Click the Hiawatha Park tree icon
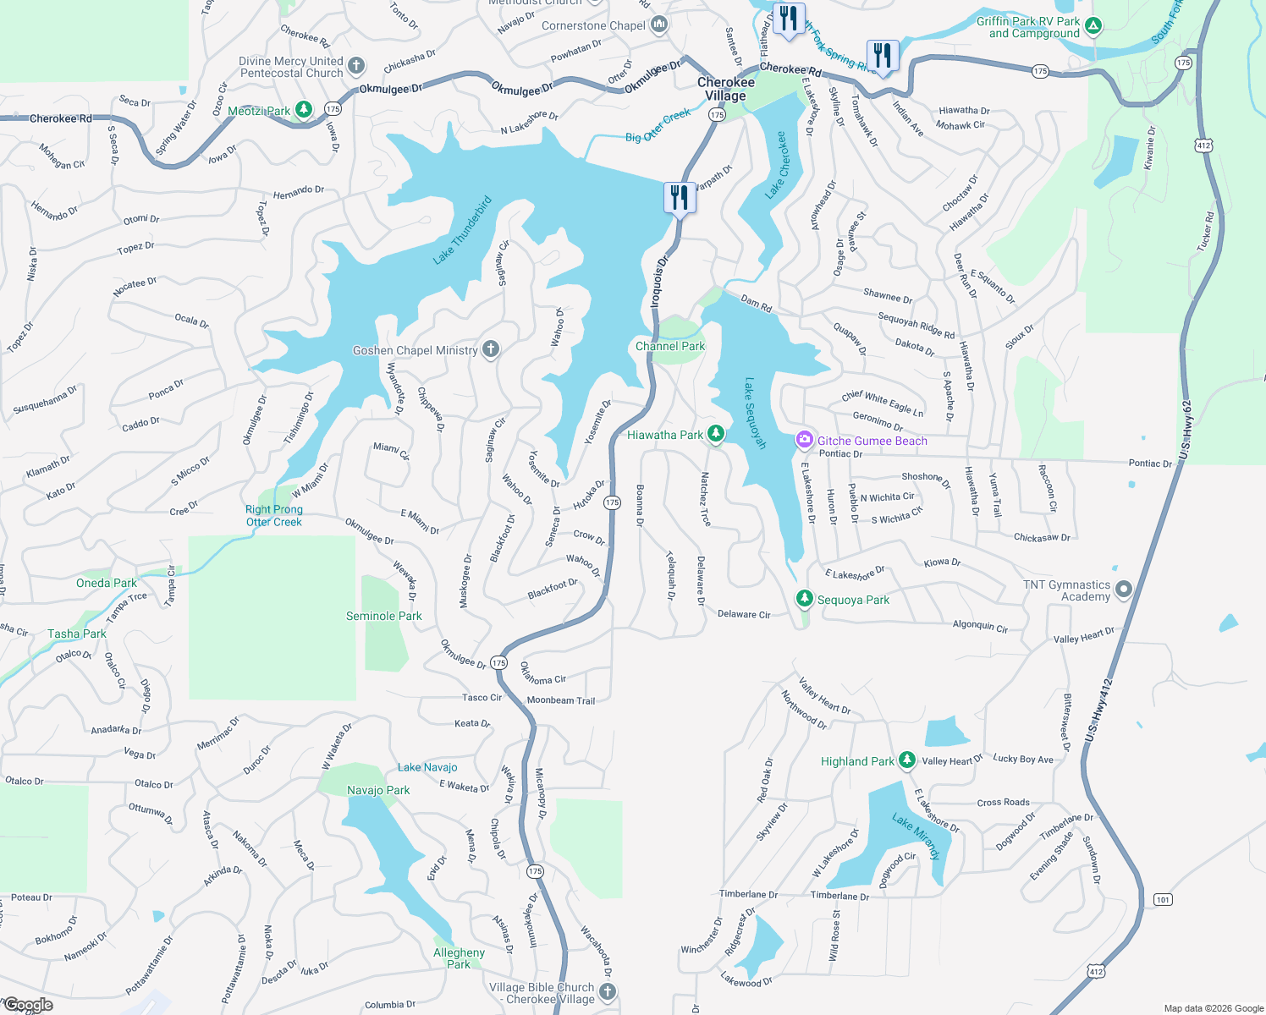coord(716,434)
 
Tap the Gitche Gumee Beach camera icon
coord(804,440)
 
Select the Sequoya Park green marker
coord(804,599)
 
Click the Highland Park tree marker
coord(906,760)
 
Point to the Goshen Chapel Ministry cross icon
coord(490,349)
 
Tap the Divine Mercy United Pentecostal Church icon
coord(356,66)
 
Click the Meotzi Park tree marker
coord(304,110)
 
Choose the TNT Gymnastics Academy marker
coord(1123,590)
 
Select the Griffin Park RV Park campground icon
coord(1093,26)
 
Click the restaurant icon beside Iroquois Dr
coord(680,198)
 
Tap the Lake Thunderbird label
coord(462,231)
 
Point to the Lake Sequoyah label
coord(755,413)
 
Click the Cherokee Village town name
coord(726,89)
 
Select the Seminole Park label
coord(383,616)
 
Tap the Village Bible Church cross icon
coord(607,991)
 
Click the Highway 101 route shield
coord(1163,899)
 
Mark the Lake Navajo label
coord(427,767)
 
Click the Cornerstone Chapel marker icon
coord(659,25)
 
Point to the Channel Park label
coord(670,346)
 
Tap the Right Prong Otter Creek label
coord(273,516)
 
